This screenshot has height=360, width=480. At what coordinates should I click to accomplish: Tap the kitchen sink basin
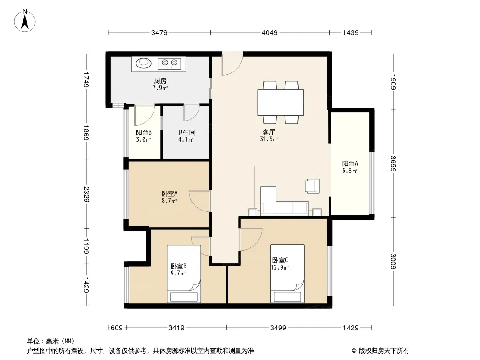coord(144,63)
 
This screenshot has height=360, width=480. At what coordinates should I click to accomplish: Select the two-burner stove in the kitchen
coord(169,63)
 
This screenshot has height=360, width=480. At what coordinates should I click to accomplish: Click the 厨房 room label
coord(160,81)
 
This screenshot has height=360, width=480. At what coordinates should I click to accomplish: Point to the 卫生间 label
coord(186,132)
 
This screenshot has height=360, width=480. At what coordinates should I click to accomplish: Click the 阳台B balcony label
coord(144,132)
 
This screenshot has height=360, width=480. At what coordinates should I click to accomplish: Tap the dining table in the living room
coord(281,102)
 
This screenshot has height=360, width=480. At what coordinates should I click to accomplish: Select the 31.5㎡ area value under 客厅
coord(269,139)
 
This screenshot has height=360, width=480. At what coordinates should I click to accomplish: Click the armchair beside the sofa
coord(312,186)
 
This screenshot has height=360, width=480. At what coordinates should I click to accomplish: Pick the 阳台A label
coord(350,163)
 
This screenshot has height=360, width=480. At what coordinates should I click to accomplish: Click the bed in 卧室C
coord(287,274)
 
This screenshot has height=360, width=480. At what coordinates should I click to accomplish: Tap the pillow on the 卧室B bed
coord(184,297)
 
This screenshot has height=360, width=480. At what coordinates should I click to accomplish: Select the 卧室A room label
coord(169,193)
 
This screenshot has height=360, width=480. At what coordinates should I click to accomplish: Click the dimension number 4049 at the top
coord(270,32)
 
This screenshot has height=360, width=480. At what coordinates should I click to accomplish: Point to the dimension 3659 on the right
coord(394,164)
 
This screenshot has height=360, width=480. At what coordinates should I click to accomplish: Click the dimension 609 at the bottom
coord(117,328)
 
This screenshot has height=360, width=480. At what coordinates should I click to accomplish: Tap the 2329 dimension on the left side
coord(86,194)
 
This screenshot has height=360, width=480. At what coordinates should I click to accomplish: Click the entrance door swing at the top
coord(232,63)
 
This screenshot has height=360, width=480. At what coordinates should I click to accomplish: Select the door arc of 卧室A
coord(199,201)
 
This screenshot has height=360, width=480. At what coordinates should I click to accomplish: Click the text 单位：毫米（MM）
coord(50,342)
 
